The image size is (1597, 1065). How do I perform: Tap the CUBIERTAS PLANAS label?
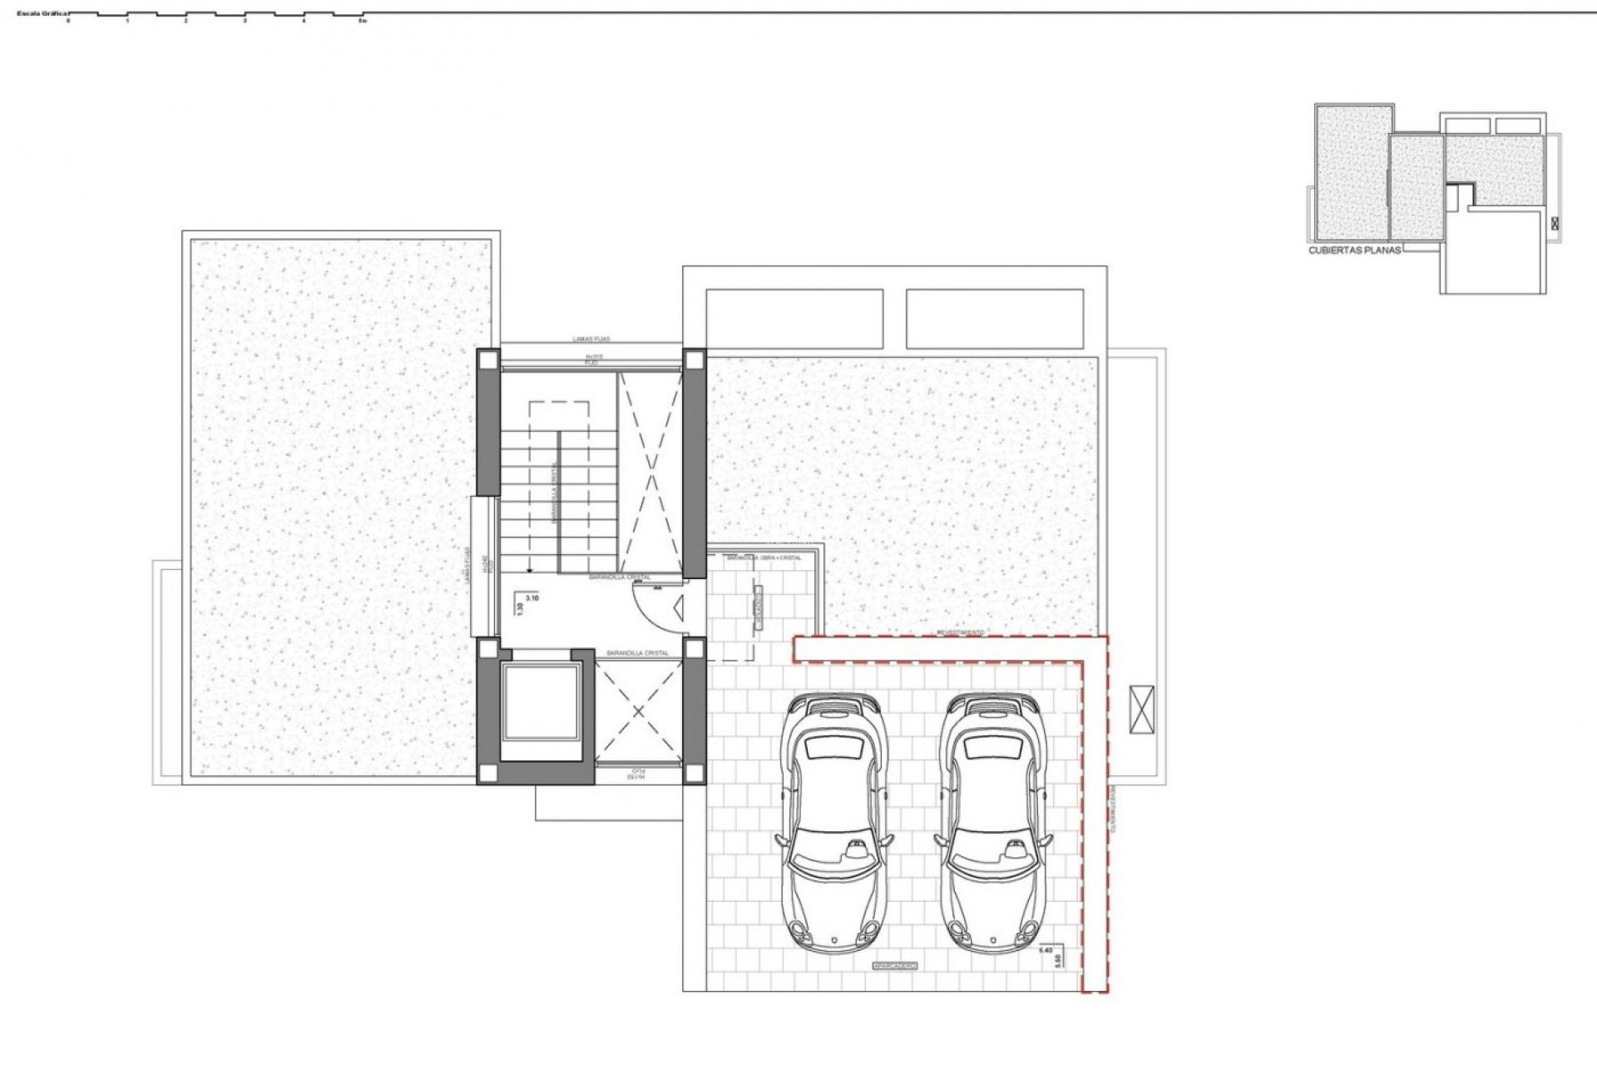tap(1355, 249)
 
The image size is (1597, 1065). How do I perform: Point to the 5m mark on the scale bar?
tap(363, 21)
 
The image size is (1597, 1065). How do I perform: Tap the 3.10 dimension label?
tap(533, 597)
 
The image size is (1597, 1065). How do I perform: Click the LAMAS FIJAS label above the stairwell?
tap(591, 339)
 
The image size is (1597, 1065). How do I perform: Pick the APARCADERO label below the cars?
tap(894, 965)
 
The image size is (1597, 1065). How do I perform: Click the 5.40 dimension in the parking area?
tap(1048, 949)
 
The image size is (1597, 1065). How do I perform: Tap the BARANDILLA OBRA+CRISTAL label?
tap(764, 557)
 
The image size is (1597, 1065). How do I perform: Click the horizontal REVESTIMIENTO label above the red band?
tap(960, 632)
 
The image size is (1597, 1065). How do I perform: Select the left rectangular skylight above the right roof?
tap(794, 319)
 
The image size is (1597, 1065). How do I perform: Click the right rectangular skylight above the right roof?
tap(995, 319)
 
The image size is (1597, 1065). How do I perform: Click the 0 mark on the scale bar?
tap(68, 21)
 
